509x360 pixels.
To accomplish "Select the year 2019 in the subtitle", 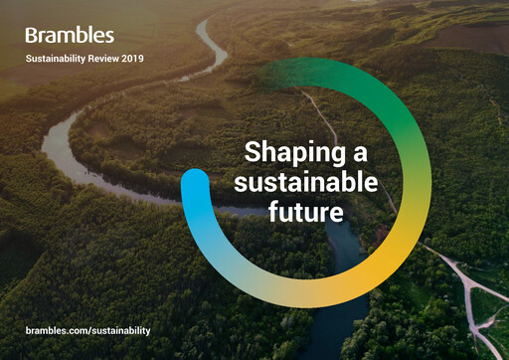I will point(132,59).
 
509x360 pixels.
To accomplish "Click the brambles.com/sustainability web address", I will point(87,329).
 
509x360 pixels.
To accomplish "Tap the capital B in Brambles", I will point(32,36).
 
